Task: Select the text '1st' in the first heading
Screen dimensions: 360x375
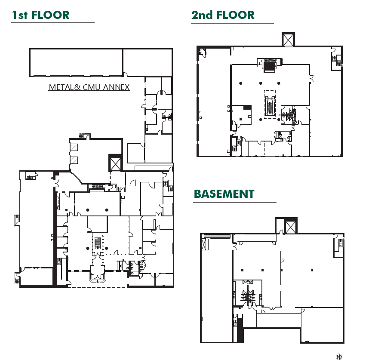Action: click(x=20, y=15)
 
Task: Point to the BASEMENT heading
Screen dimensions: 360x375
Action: click(x=224, y=194)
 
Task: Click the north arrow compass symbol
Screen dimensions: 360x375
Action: click(x=339, y=356)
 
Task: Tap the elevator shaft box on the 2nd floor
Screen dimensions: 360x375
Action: click(x=287, y=40)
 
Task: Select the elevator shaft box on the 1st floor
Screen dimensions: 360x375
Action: click(x=116, y=163)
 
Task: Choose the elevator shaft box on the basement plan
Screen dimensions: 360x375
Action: click(x=291, y=227)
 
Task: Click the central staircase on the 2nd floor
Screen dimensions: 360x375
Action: click(x=270, y=106)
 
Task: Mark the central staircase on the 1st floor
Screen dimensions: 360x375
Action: click(x=97, y=243)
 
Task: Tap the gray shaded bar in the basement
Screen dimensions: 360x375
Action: click(x=217, y=236)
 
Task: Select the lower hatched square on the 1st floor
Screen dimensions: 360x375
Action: click(x=74, y=160)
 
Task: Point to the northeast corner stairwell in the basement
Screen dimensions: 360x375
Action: click(x=338, y=246)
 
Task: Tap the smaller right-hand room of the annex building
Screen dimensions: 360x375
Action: click(x=148, y=62)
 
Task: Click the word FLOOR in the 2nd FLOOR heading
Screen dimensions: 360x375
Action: click(x=235, y=15)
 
